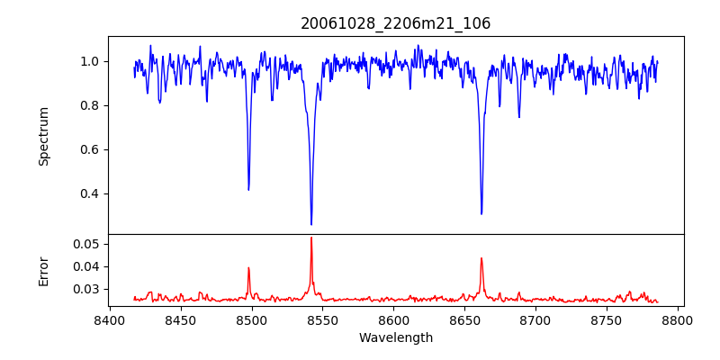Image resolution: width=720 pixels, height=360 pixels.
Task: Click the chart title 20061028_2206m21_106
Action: [396, 23]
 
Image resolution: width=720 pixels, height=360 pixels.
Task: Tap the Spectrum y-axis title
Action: [43, 136]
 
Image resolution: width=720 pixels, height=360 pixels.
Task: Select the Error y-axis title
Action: [43, 270]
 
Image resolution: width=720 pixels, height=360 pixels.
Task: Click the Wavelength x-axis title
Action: [396, 338]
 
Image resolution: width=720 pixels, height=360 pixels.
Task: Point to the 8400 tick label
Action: [110, 320]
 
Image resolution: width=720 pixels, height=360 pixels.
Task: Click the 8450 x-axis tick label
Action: [181, 320]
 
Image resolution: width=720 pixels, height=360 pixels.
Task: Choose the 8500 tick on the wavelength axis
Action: [252, 320]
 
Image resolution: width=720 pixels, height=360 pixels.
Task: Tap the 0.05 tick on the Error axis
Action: [86, 244]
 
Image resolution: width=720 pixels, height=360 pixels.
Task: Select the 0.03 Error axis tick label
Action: [86, 289]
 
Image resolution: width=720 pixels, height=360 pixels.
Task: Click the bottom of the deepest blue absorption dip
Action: [311, 224]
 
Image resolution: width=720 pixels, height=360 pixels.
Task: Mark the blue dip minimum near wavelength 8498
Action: [248, 189]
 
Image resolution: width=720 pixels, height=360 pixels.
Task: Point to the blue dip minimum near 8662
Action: [481, 213]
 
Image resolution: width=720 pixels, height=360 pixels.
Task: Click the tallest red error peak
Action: [311, 238]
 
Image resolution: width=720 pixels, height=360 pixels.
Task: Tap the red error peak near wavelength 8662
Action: [481, 258]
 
